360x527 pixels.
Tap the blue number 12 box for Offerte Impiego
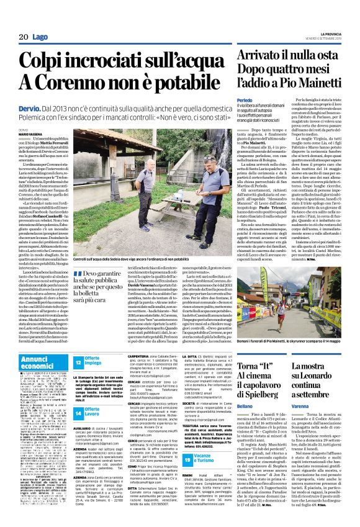(x=78, y=362)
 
